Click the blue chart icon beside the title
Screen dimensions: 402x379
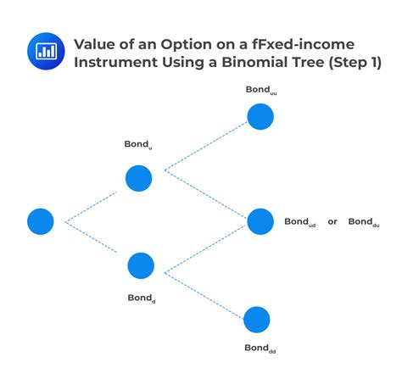[x=46, y=51]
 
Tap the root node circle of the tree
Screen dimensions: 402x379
[x=41, y=221]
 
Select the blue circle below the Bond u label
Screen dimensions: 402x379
[x=138, y=178]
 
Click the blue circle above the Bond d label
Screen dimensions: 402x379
[x=141, y=265]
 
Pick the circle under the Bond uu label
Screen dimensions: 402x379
[x=260, y=116]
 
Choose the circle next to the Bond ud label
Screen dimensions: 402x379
[x=260, y=221]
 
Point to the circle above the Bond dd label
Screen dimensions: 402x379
[x=257, y=320]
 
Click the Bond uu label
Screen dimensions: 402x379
[x=261, y=90]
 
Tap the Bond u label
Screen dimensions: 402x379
[x=138, y=145]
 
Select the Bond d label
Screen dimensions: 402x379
[x=142, y=298]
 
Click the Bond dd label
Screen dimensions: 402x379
[x=260, y=348]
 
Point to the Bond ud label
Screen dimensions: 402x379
[x=300, y=222]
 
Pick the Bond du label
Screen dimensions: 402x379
[x=364, y=222]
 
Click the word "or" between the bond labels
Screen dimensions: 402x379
[x=332, y=222]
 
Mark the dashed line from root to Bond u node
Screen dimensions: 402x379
[x=91, y=207]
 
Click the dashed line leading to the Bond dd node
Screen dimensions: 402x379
[x=204, y=296]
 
